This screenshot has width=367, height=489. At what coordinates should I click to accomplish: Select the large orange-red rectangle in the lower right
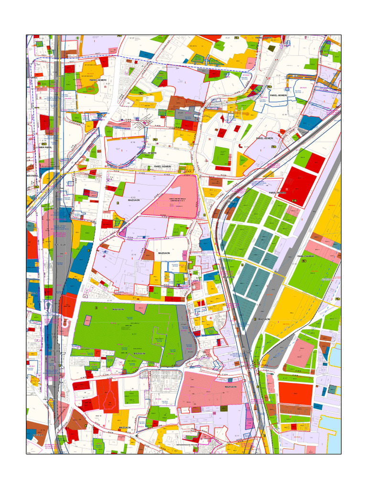pos(295,393)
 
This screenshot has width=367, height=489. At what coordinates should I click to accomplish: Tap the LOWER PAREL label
pos(44,148)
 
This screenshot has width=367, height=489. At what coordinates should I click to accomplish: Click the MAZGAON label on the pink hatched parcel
pos(230,387)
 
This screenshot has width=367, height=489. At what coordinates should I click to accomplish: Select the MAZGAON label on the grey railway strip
pos(264,319)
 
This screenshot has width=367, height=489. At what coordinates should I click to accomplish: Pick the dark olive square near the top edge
pos(271,48)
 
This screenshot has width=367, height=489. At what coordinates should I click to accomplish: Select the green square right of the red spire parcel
pos(131,397)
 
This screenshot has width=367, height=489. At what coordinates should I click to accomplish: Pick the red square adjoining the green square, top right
pos(315,162)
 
